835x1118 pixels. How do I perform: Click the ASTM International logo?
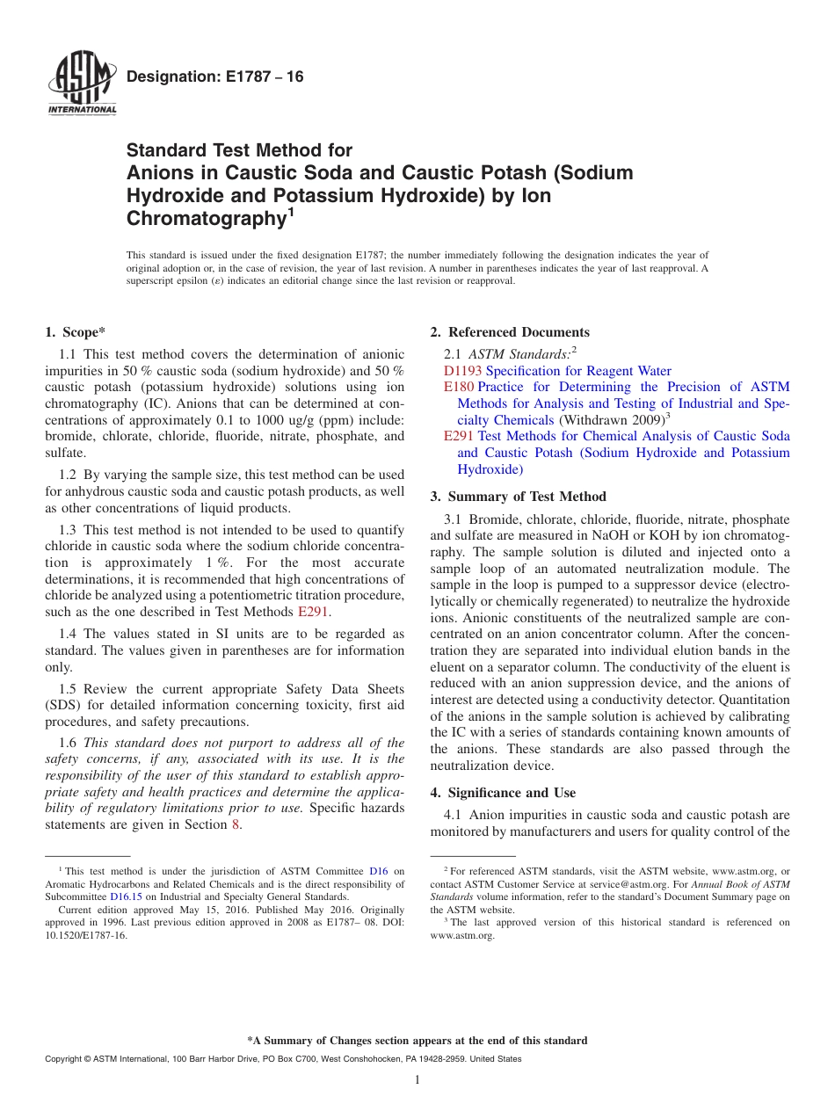(82, 84)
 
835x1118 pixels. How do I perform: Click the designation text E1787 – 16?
(214, 77)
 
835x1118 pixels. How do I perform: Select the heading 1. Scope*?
(75, 332)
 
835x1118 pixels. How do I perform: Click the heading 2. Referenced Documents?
(510, 332)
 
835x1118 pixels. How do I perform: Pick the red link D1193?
(462, 371)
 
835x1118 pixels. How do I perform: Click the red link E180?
(459, 387)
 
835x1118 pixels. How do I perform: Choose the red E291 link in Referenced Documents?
(459, 436)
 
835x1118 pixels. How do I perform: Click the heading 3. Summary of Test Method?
(518, 497)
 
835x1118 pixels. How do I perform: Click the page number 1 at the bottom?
(417, 1080)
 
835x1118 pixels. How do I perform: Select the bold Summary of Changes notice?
(417, 1041)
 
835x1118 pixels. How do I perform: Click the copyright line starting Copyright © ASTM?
(283, 1060)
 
